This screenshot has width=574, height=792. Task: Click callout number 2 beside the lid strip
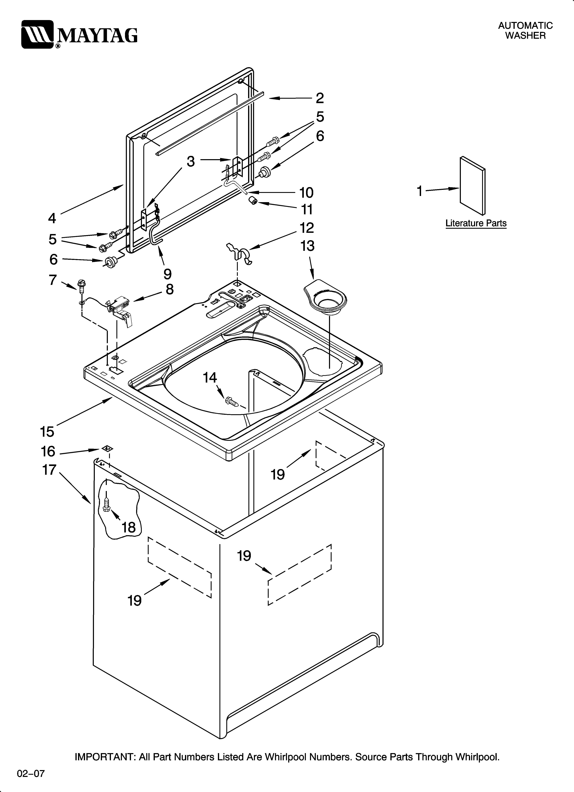pos(320,98)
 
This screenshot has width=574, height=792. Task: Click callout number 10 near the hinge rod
pos(306,192)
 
